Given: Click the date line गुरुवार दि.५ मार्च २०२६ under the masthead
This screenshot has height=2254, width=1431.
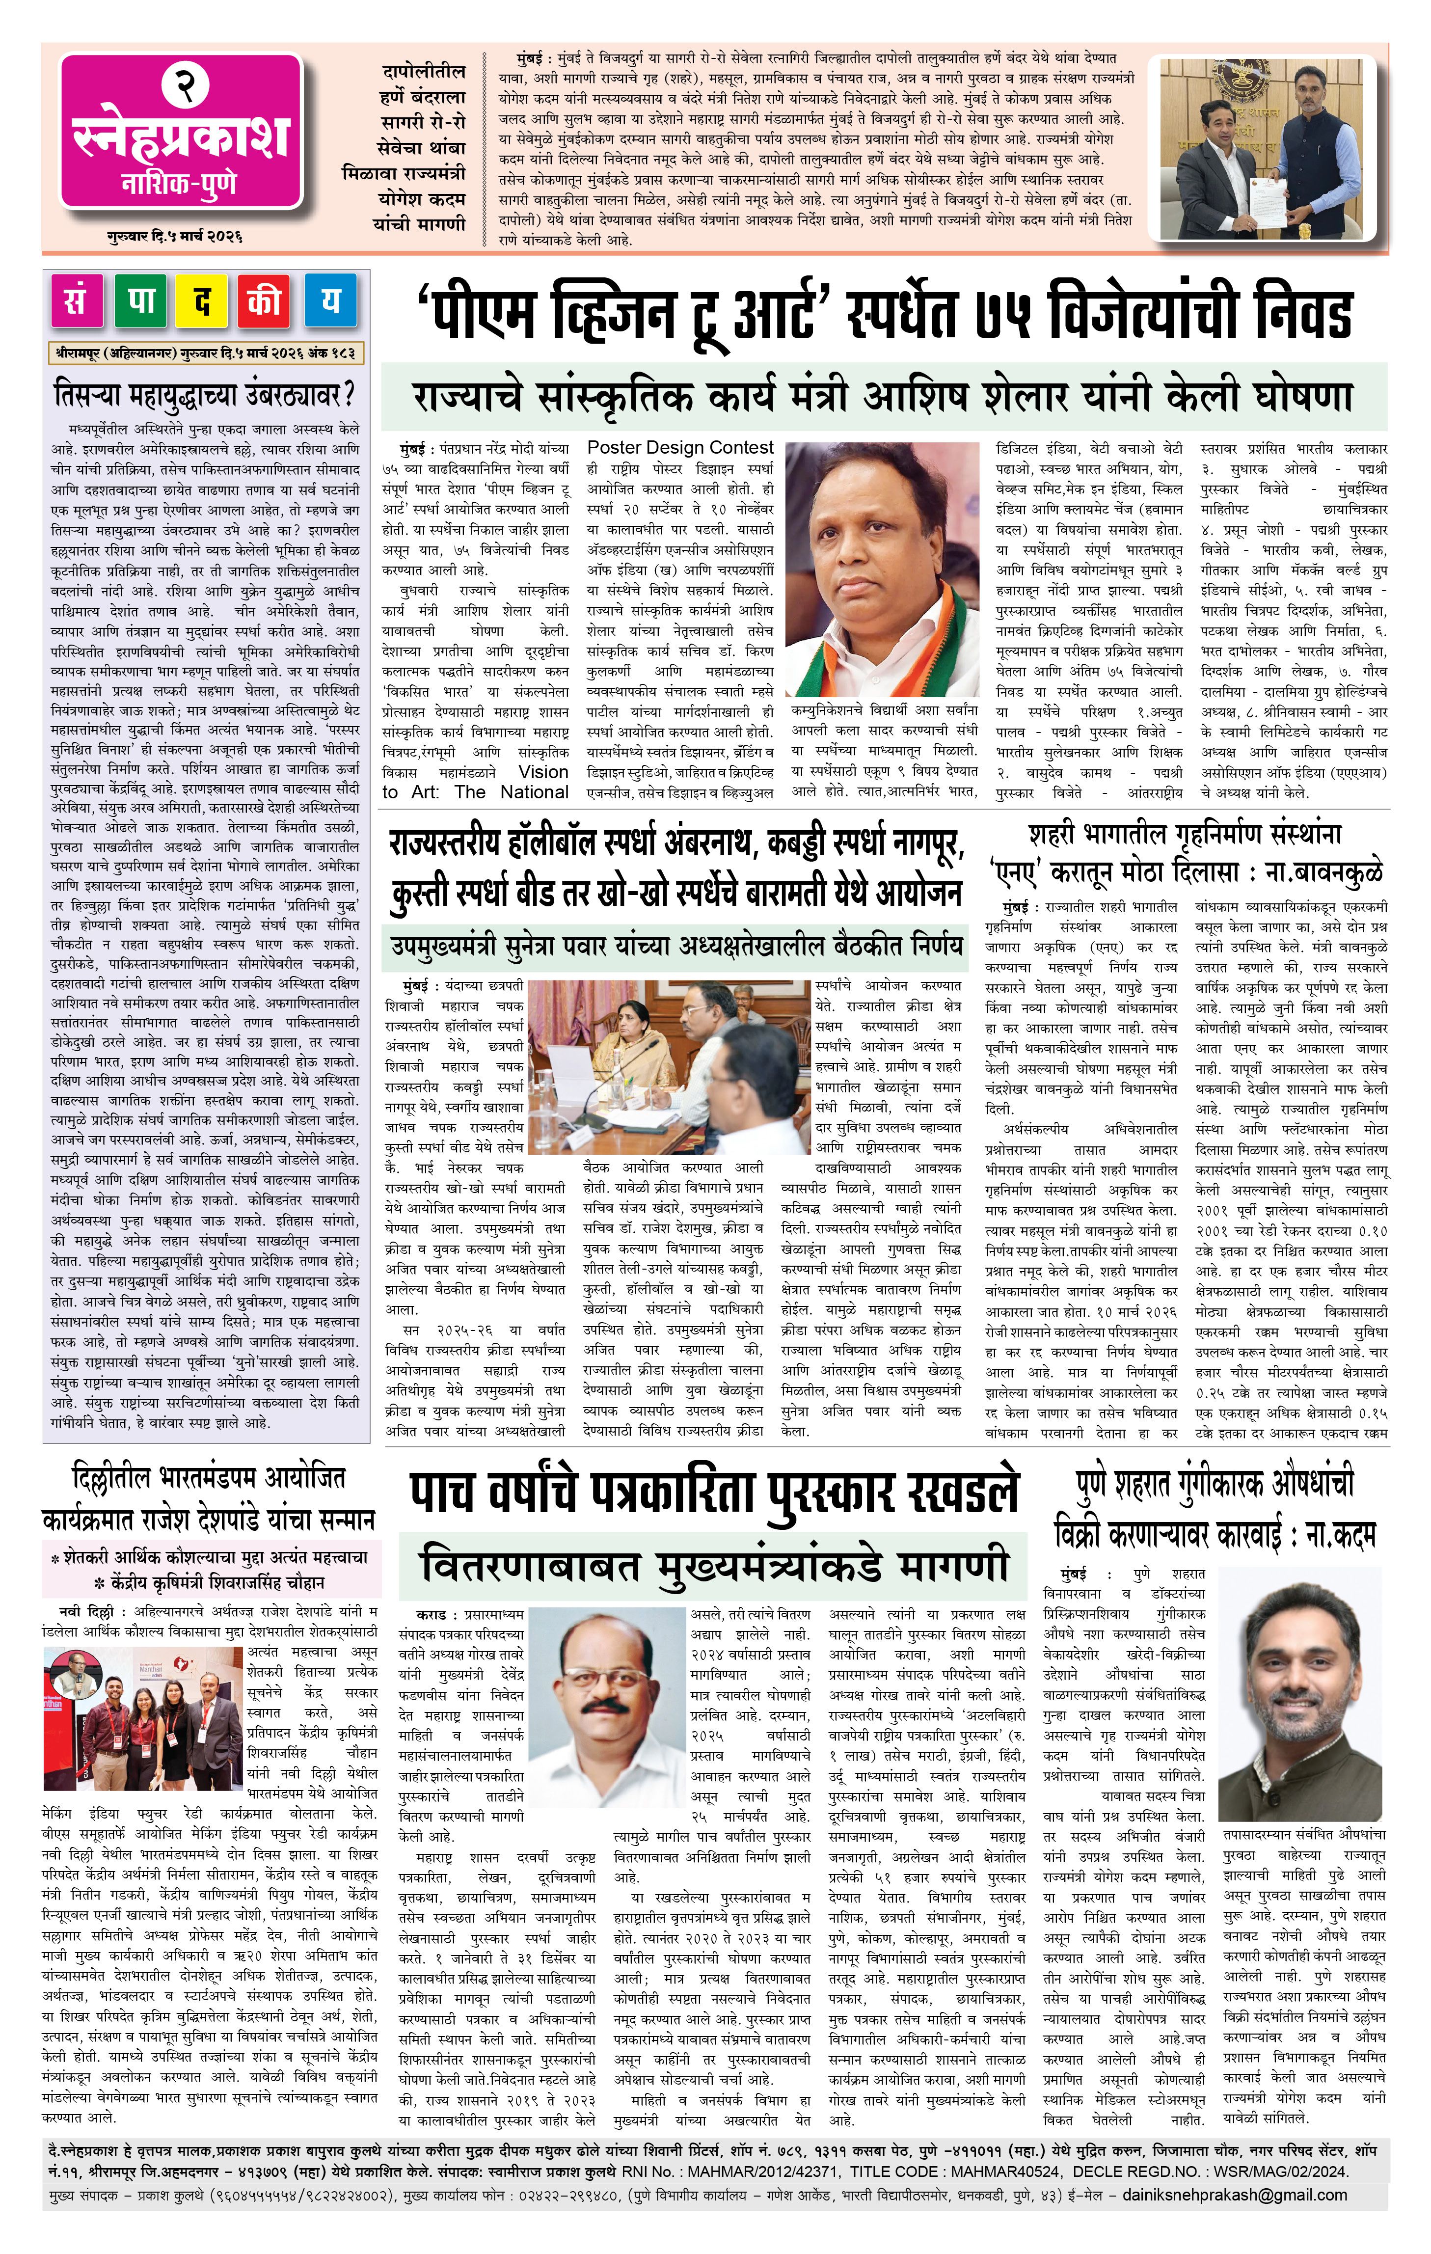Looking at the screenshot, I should pyautogui.click(x=174, y=237).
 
